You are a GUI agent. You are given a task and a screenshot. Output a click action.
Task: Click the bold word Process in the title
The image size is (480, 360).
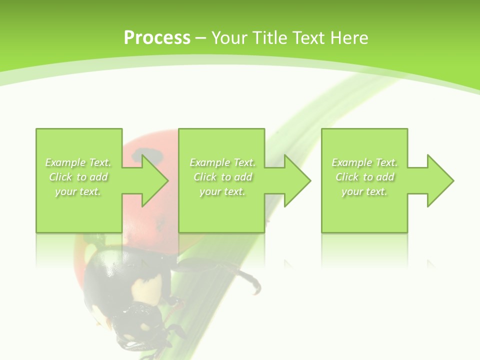coord(157,37)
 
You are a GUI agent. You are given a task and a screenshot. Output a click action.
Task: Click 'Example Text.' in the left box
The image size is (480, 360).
coord(78,162)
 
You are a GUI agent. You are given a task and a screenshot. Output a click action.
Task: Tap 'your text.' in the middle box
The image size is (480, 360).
coord(222,191)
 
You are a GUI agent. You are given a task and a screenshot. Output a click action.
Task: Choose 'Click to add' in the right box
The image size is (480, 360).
coord(364,177)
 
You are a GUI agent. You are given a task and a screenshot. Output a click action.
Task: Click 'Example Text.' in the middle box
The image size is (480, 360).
coord(222,162)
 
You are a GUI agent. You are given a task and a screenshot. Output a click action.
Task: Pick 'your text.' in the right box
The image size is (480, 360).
coord(364,191)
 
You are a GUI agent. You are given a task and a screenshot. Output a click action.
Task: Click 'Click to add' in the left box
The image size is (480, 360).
coord(78,177)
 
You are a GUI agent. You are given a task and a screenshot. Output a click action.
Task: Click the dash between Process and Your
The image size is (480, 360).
coord(200,38)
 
